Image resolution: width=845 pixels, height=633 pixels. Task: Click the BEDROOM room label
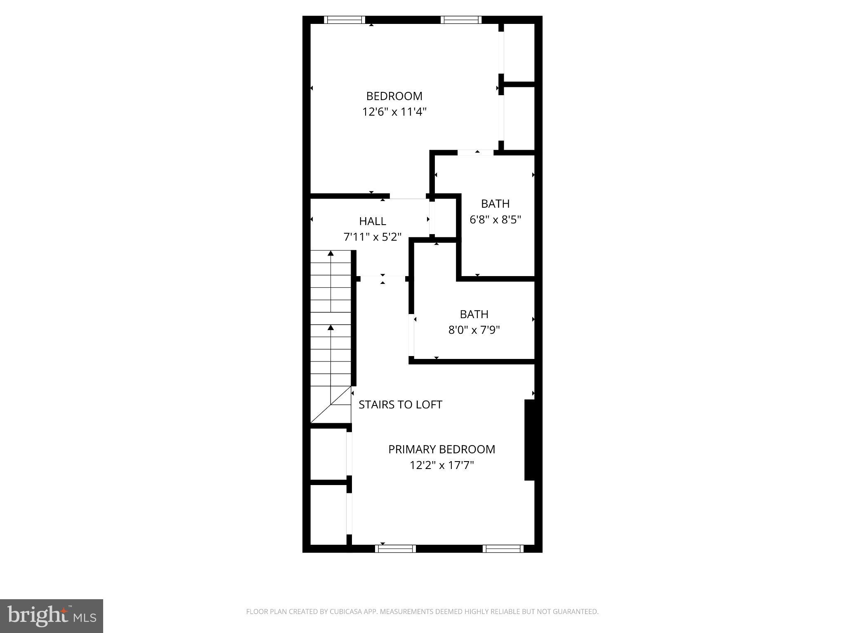tap(394, 96)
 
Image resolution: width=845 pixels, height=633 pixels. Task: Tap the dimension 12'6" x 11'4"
tap(394, 112)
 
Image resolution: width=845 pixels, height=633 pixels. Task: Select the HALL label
tap(373, 221)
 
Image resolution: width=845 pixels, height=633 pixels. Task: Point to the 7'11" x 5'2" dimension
tap(373, 237)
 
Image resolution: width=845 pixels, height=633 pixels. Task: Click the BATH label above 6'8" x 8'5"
tap(495, 204)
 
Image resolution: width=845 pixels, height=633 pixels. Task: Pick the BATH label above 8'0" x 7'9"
tap(474, 314)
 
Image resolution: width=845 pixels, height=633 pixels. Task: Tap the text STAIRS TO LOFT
tap(400, 405)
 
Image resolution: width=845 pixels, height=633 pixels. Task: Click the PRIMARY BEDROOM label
tap(441, 449)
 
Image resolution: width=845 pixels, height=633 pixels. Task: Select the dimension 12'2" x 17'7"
tap(441, 465)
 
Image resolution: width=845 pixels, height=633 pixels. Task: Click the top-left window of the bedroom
tap(345, 20)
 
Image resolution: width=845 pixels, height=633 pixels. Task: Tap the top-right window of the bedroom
tap(461, 20)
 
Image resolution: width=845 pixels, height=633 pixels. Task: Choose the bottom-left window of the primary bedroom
tap(395, 549)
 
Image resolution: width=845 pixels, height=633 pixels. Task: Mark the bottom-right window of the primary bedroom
tap(503, 549)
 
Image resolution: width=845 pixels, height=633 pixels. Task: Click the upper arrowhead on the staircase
tap(330, 253)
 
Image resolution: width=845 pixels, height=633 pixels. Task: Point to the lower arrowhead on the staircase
tap(330, 327)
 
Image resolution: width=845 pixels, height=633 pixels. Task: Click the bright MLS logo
tap(52, 616)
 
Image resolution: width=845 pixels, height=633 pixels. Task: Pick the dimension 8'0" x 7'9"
tap(474, 330)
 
